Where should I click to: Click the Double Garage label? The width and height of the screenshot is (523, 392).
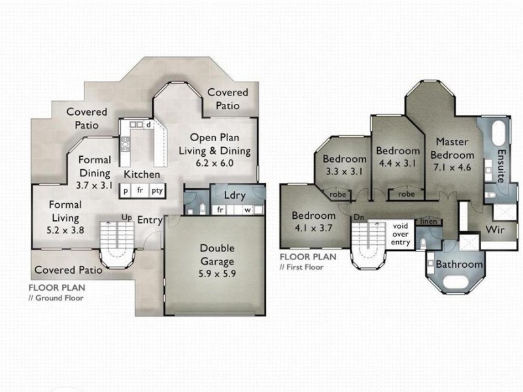pyautogui.click(x=217, y=255)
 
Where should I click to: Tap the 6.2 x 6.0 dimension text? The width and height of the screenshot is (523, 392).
pyautogui.click(x=215, y=163)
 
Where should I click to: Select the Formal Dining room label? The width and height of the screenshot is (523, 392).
pyautogui.click(x=95, y=167)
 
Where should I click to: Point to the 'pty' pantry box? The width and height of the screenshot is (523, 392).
pyautogui.click(x=157, y=191)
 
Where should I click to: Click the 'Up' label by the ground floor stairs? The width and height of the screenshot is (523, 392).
pyautogui.click(x=126, y=218)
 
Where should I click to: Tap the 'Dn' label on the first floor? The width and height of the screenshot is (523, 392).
pyautogui.click(x=359, y=218)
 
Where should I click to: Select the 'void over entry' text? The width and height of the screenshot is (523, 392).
pyautogui.click(x=400, y=235)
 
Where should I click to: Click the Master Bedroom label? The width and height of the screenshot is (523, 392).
pyautogui.click(x=452, y=149)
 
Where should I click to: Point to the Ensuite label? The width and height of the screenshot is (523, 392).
pyautogui.click(x=501, y=166)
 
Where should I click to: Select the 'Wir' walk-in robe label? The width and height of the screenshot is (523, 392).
pyautogui.click(x=495, y=230)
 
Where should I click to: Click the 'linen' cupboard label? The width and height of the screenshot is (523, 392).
pyautogui.click(x=429, y=221)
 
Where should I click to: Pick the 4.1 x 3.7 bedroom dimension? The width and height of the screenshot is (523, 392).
pyautogui.click(x=314, y=228)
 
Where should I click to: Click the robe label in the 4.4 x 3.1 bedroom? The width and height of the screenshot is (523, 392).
pyautogui.click(x=407, y=194)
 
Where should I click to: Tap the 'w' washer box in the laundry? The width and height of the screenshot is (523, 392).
pyautogui.click(x=248, y=210)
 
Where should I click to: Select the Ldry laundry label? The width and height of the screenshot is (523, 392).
pyautogui.click(x=235, y=195)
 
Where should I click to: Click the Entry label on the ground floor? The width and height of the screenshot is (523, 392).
pyautogui.click(x=150, y=220)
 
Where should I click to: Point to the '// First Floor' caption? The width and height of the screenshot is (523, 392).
pyautogui.click(x=301, y=267)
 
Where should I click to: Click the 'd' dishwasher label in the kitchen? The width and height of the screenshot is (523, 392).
pyautogui.click(x=149, y=125)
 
